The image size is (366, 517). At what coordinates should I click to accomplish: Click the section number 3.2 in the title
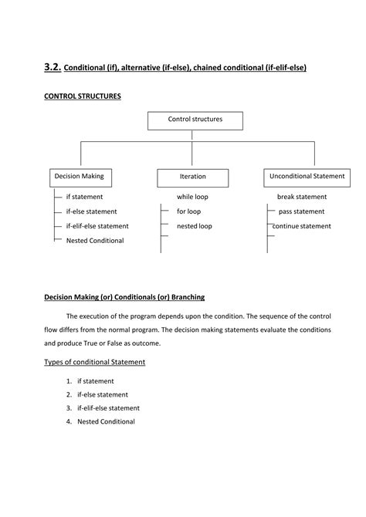52,67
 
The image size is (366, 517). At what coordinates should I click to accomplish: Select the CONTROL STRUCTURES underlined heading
83,96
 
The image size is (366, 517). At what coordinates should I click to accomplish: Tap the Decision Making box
79,177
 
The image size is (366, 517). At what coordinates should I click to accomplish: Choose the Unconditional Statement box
307,177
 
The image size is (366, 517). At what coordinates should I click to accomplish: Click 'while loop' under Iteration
192,198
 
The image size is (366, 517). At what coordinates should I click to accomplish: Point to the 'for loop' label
188,211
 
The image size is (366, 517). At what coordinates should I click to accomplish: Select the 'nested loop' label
194,226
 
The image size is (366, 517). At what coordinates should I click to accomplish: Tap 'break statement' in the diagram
302,198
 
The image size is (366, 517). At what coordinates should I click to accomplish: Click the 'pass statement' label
301,211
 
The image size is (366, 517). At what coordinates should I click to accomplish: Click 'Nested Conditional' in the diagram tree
94,241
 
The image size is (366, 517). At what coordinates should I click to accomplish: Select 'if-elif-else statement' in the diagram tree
97,226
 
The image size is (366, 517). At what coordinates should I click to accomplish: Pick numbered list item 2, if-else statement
102,394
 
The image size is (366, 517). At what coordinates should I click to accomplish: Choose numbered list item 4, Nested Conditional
106,421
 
